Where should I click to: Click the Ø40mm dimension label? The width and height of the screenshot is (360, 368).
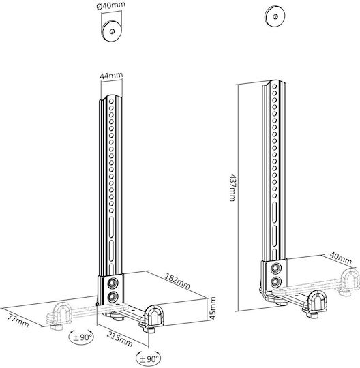tap(111, 6)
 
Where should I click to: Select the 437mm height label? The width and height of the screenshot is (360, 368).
tap(232, 187)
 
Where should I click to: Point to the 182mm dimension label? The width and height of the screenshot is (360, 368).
tap(177, 281)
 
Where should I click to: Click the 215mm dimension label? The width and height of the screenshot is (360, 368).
tap(120, 339)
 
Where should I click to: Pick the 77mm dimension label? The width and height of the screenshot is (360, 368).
tap(18, 320)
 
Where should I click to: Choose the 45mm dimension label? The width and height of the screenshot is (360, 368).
tap(213, 308)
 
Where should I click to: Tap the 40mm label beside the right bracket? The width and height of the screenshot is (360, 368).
tap(341, 258)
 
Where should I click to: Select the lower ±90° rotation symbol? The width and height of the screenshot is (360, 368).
tap(149, 358)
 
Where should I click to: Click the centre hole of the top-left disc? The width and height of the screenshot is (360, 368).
tap(112, 31)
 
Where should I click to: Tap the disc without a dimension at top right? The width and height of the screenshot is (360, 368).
tap(275, 16)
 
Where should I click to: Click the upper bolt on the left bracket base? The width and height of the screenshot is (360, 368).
tap(112, 283)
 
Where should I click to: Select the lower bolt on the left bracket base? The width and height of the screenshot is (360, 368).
tap(112, 297)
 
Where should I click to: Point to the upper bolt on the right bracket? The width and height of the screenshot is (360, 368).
tap(275, 269)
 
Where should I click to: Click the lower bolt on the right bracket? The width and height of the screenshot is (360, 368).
tap(275, 281)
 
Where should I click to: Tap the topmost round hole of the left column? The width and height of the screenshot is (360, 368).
tap(111, 102)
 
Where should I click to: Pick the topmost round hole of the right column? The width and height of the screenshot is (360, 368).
tap(274, 87)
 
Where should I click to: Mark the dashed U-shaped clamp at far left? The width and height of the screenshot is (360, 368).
tap(61, 313)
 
